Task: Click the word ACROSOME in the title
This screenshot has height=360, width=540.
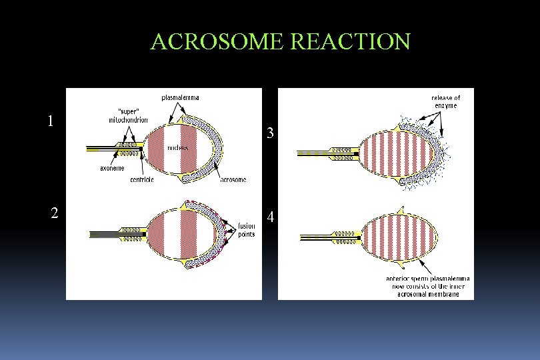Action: click(217, 42)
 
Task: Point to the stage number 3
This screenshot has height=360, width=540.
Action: click(270, 133)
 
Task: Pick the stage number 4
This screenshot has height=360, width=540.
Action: click(271, 217)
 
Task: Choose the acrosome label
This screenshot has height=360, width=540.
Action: click(233, 179)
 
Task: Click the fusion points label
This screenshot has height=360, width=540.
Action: click(247, 230)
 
